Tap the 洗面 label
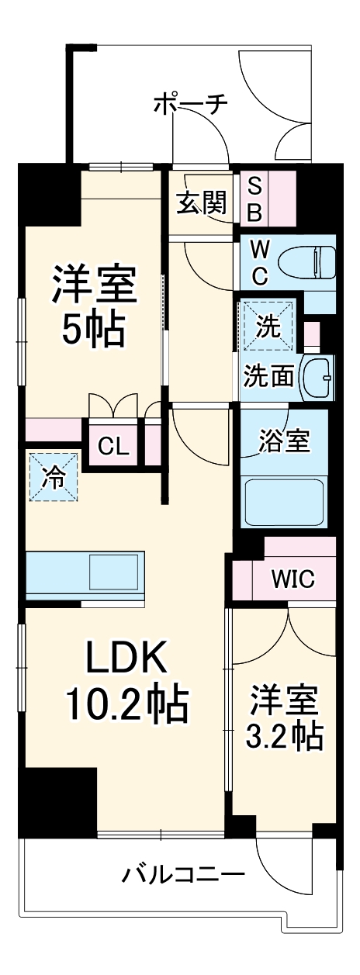pyautogui.click(x=268, y=376)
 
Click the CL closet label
pyautogui.click(x=113, y=448)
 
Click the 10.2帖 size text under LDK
pyautogui.click(x=125, y=704)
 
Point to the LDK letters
pyautogui.click(x=126, y=659)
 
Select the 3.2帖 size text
pyautogui.click(x=283, y=737)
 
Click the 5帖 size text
pyautogui.click(x=93, y=331)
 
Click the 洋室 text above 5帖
pyautogui.click(x=94, y=285)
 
